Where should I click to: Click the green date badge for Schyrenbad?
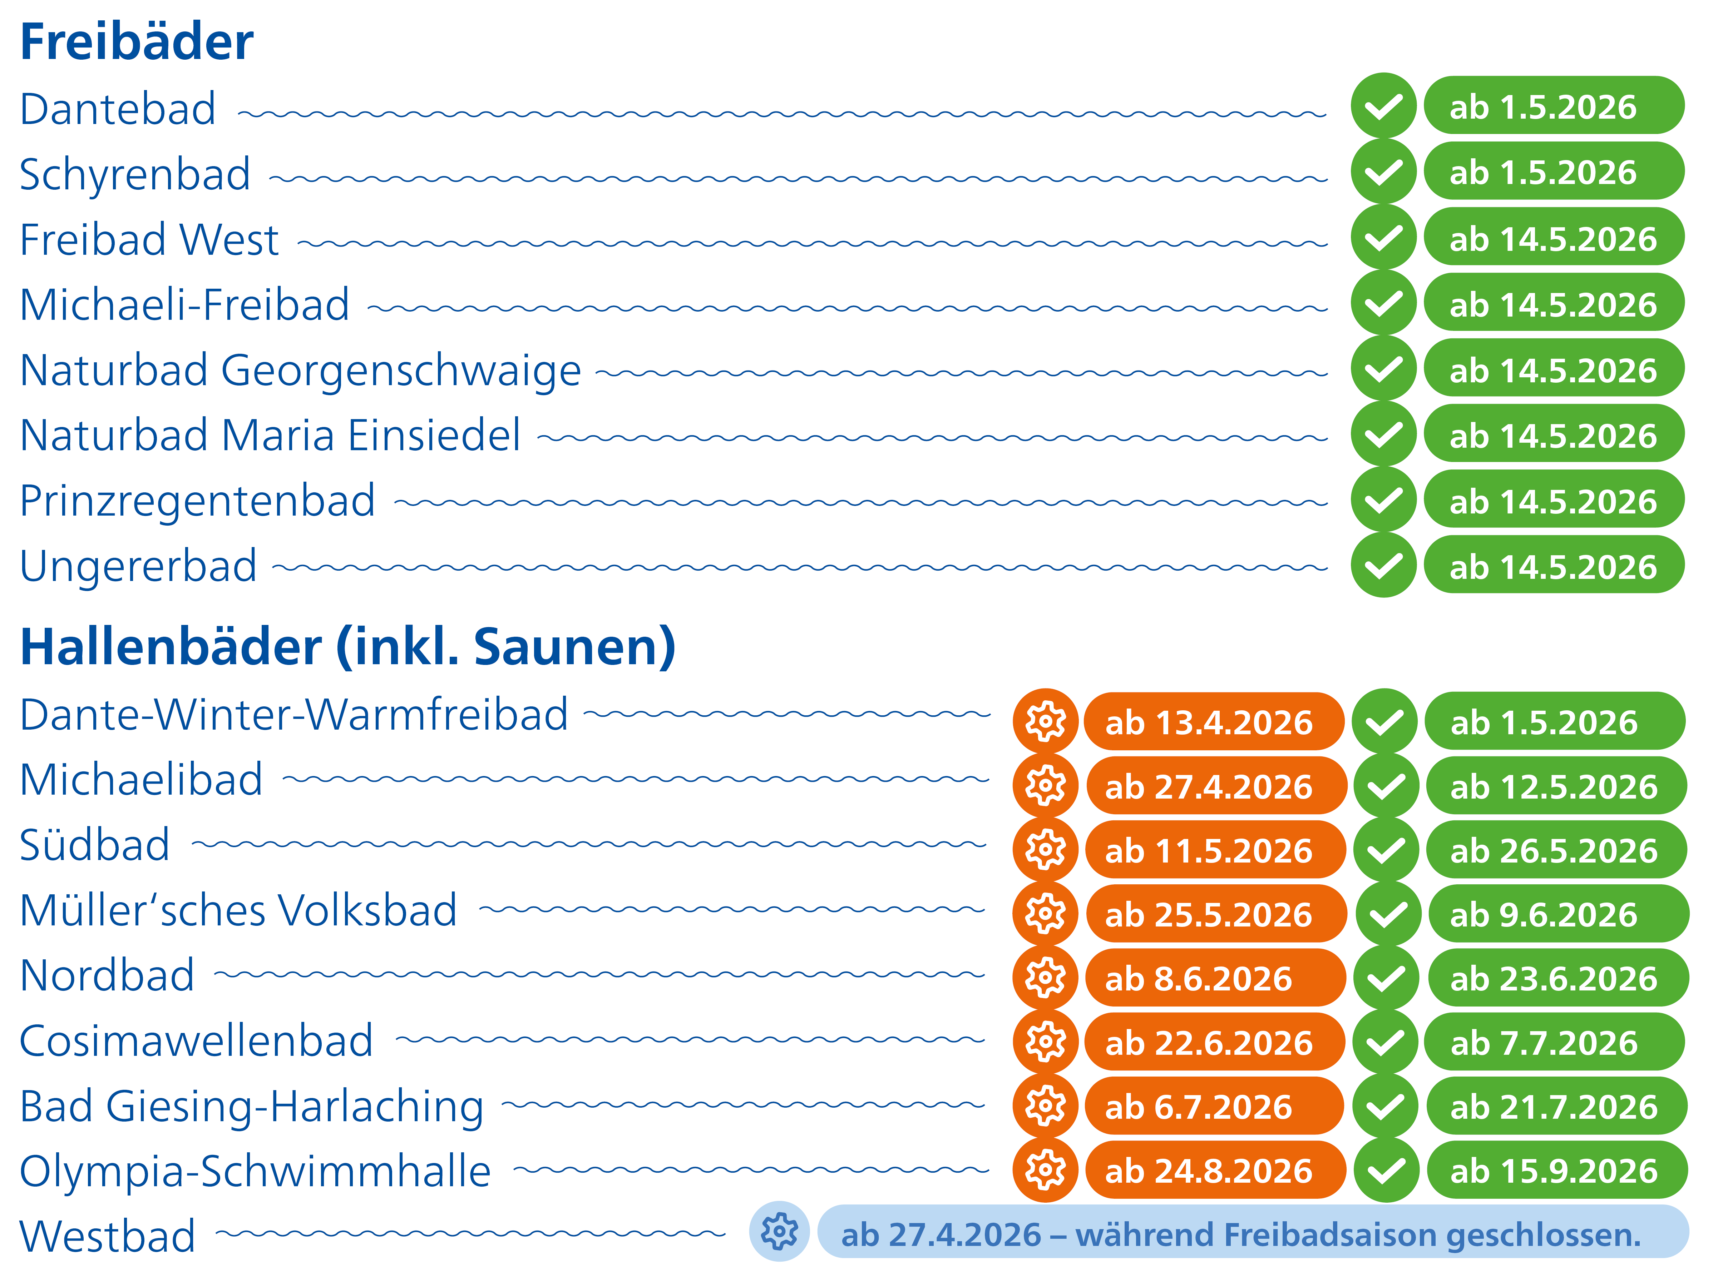pos(1554,172)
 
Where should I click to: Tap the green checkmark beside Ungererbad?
pos(1383,566)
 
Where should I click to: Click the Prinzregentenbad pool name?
pos(197,501)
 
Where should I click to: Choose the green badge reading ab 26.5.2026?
pos(1555,850)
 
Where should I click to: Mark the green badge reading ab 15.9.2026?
pos(1555,1171)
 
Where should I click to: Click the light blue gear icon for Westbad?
pos(779,1232)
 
